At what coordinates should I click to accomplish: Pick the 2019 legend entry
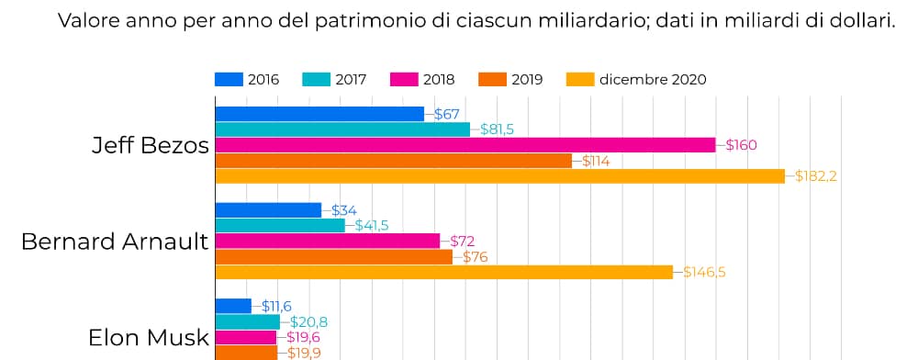coord(526,79)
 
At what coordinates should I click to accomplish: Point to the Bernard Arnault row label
coord(115,242)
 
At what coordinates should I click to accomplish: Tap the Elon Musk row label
coord(149,337)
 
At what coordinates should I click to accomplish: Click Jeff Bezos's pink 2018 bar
coord(465,145)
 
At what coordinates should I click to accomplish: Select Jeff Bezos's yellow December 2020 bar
coord(499,176)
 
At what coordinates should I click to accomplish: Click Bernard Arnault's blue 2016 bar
coord(268,210)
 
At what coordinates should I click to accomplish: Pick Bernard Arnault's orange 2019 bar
coord(333,257)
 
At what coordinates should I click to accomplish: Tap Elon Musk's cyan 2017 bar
coord(247,321)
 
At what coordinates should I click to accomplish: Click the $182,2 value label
coord(816,176)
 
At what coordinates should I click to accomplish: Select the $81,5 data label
coord(497,129)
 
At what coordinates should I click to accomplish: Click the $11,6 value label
coord(277,306)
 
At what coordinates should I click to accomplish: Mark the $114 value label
coord(596,161)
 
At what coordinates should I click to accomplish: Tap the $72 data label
coord(462,242)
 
